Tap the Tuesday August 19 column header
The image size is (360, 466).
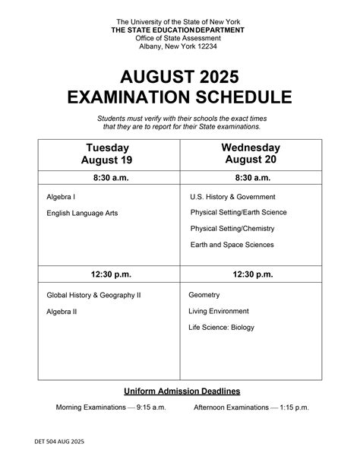tap(107, 154)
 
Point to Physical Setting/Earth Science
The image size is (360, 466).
tap(238, 212)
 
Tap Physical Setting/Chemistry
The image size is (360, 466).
tap(232, 228)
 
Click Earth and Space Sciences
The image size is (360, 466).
tap(232, 245)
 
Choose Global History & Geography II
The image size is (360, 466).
tap(94, 294)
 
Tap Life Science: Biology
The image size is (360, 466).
tap(222, 328)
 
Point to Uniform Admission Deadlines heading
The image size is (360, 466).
tap(182, 391)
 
